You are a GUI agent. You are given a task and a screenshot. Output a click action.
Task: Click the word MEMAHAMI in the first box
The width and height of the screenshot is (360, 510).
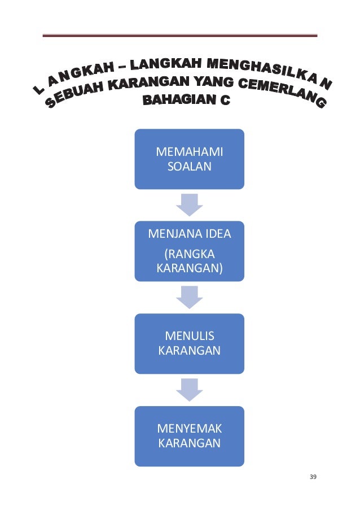click(189, 152)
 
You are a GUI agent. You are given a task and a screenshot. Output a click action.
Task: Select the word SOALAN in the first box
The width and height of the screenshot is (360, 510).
click(189, 166)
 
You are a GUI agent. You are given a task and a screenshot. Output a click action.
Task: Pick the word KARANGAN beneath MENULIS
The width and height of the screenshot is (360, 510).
click(190, 351)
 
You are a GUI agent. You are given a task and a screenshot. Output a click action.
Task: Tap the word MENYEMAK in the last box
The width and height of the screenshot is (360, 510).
click(190, 429)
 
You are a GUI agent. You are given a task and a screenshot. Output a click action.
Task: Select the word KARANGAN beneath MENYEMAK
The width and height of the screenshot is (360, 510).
click(190, 443)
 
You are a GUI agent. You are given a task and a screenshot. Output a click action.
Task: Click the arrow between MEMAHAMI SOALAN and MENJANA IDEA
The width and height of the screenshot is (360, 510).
click(190, 204)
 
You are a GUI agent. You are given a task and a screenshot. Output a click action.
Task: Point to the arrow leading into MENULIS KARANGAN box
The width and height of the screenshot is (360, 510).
click(190, 297)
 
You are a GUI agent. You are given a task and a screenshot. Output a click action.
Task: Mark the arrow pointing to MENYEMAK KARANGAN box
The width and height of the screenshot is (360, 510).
click(190, 389)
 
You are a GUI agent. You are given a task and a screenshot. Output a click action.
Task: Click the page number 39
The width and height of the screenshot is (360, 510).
click(313, 477)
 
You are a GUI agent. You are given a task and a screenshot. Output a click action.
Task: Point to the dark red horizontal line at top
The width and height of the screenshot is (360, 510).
click(180, 36)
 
